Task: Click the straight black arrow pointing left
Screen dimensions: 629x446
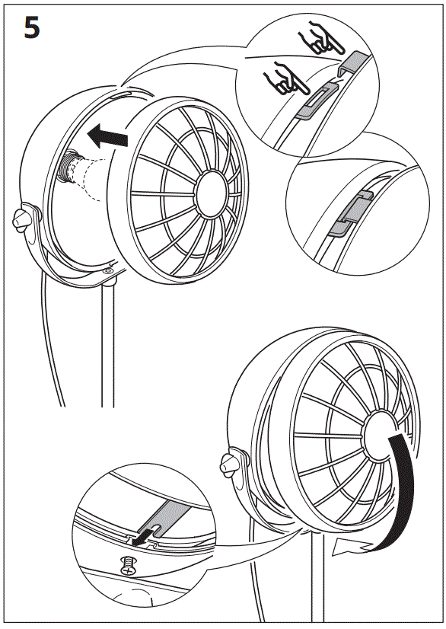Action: click(107, 137)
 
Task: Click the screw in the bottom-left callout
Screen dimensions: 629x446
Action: click(129, 567)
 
